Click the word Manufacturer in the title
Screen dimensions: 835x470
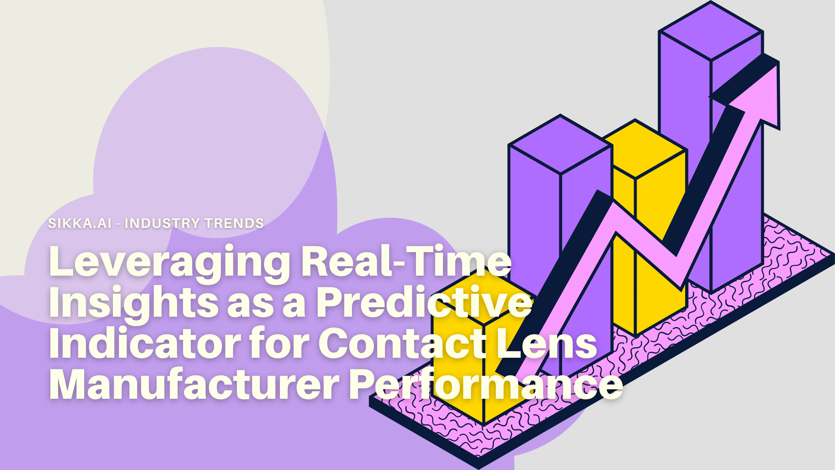pyautogui.click(x=194, y=384)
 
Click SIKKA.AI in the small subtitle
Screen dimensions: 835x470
pyautogui.click(x=80, y=223)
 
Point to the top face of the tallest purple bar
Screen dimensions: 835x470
pyautogui.click(x=711, y=31)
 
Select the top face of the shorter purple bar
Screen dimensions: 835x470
pyautogui.click(x=560, y=145)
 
